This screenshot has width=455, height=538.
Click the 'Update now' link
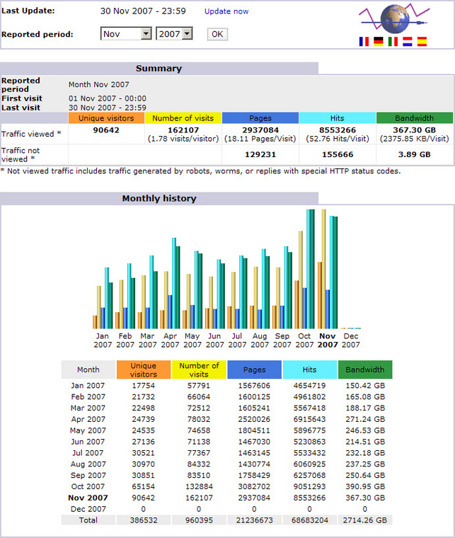click(226, 11)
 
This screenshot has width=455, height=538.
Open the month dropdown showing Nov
click(126, 34)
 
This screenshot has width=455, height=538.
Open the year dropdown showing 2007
click(175, 34)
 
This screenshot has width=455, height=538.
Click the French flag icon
click(364, 42)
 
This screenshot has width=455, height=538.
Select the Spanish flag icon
click(422, 42)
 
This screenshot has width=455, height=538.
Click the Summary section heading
click(159, 69)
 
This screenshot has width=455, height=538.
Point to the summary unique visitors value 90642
click(106, 130)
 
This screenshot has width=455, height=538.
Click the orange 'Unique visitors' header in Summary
click(106, 118)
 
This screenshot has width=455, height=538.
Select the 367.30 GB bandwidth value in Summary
click(414, 130)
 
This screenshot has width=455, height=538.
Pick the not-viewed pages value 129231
click(260, 154)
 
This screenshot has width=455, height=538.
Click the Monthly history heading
click(159, 198)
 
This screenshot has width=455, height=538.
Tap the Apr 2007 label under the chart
click(170, 340)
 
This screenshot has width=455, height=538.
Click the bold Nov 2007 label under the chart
click(327, 340)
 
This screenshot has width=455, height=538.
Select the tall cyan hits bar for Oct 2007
click(309, 269)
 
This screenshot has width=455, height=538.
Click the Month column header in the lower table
click(88, 370)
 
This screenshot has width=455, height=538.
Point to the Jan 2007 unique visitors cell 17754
click(144, 385)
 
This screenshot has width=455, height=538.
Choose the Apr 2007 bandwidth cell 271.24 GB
click(365, 419)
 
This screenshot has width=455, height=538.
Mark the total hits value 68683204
click(310, 520)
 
